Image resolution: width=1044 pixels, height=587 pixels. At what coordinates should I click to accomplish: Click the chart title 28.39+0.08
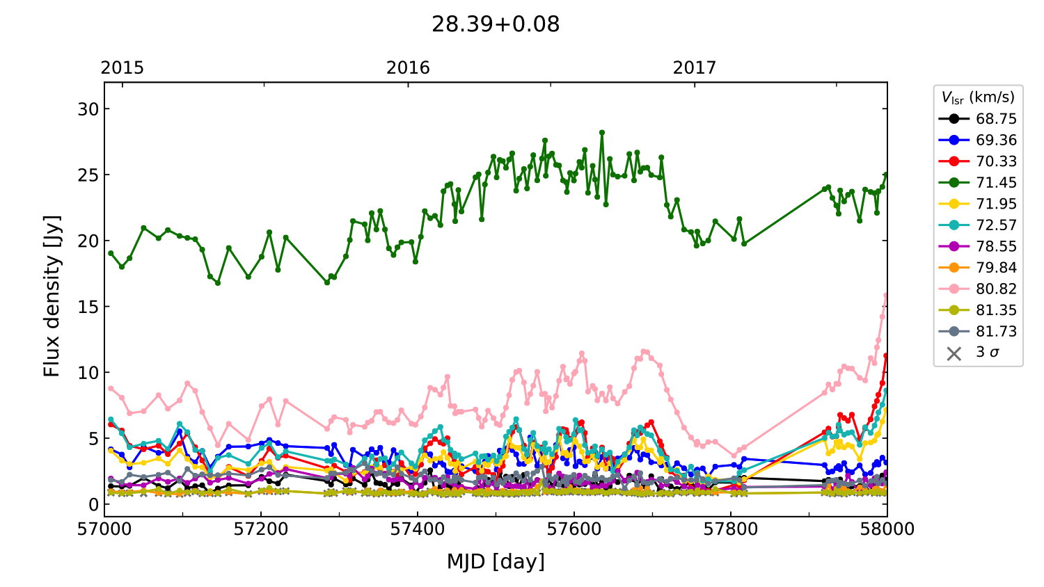point(496,24)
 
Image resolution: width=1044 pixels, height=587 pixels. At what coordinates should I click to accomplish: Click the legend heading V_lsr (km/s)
point(978,97)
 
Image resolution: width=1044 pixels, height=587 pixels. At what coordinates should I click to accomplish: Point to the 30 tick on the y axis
point(88,109)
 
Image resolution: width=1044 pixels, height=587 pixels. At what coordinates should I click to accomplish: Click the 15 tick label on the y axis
point(88,307)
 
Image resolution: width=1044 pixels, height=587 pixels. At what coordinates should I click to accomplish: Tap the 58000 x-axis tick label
point(887,529)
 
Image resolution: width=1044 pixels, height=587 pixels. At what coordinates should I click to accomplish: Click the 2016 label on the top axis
point(408,67)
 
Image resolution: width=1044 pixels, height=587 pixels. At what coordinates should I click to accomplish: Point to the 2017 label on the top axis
point(694,67)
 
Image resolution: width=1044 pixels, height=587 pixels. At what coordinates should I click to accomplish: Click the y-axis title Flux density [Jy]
point(52,296)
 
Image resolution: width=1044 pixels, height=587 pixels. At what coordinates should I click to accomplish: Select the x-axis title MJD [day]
point(496,561)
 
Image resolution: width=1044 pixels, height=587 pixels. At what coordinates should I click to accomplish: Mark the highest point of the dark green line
point(602,132)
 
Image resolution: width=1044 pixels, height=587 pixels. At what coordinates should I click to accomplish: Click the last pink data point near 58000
point(886,296)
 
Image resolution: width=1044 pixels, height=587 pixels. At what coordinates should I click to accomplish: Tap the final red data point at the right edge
point(886,355)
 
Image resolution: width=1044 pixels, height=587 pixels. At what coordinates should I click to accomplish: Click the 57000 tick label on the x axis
point(104,529)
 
